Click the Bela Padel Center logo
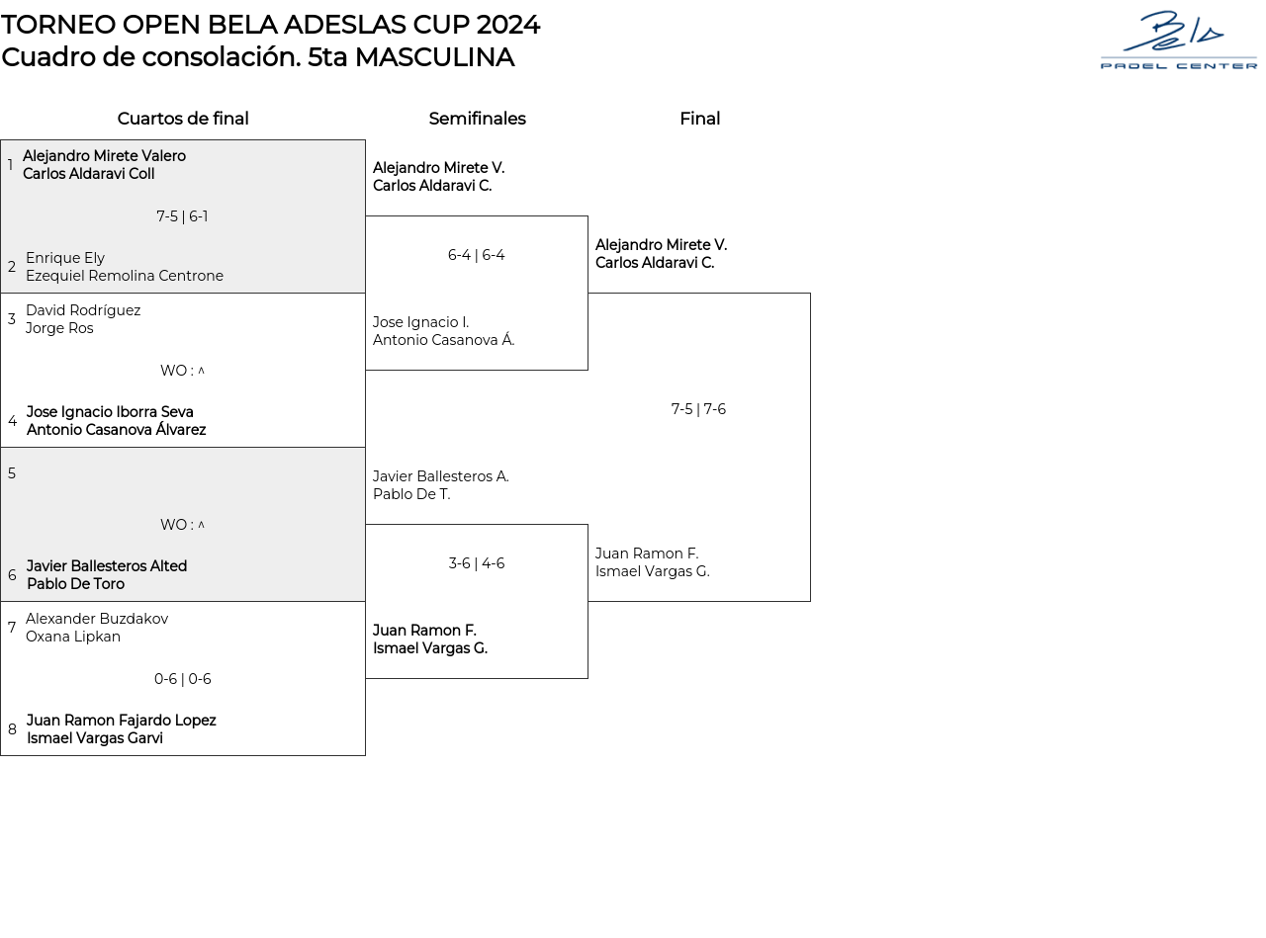(1178, 40)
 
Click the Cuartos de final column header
(183, 119)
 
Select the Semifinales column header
(477, 119)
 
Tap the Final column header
(699, 119)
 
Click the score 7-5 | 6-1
(182, 216)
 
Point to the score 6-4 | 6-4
(476, 255)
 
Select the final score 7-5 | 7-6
(698, 409)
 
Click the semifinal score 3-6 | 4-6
(476, 563)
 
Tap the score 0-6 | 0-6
(182, 679)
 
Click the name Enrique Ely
(65, 258)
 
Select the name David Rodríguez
(83, 310)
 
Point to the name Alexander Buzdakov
(97, 619)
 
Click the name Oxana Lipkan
(73, 637)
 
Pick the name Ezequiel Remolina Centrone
(125, 276)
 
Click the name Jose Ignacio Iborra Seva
(110, 412)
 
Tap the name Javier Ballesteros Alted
(107, 566)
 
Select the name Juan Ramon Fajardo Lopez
(121, 721)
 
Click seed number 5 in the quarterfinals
(12, 473)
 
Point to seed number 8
(12, 729)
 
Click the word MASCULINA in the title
(434, 57)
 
